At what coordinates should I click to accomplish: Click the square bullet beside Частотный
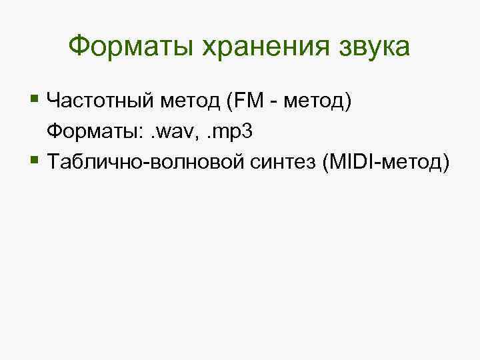click(35, 101)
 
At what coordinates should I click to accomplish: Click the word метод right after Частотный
click(188, 102)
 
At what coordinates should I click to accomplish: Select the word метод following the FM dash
click(311, 102)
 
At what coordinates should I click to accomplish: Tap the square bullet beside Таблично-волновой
click(35, 160)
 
